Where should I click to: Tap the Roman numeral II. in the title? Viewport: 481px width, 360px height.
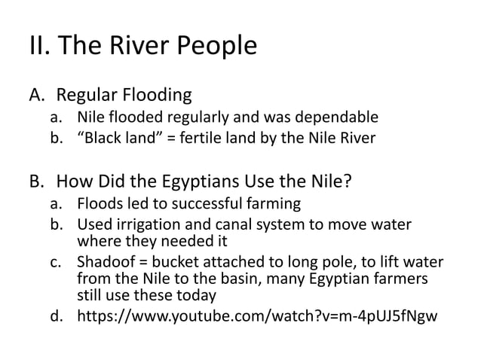click(x=40, y=47)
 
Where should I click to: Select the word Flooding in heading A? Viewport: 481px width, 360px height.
click(x=155, y=96)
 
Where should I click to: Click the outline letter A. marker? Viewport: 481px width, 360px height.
click(x=38, y=96)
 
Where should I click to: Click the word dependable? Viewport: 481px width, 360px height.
click(x=335, y=117)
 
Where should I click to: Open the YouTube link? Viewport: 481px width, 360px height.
click(x=257, y=316)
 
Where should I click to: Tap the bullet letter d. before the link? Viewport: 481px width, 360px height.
click(x=57, y=316)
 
